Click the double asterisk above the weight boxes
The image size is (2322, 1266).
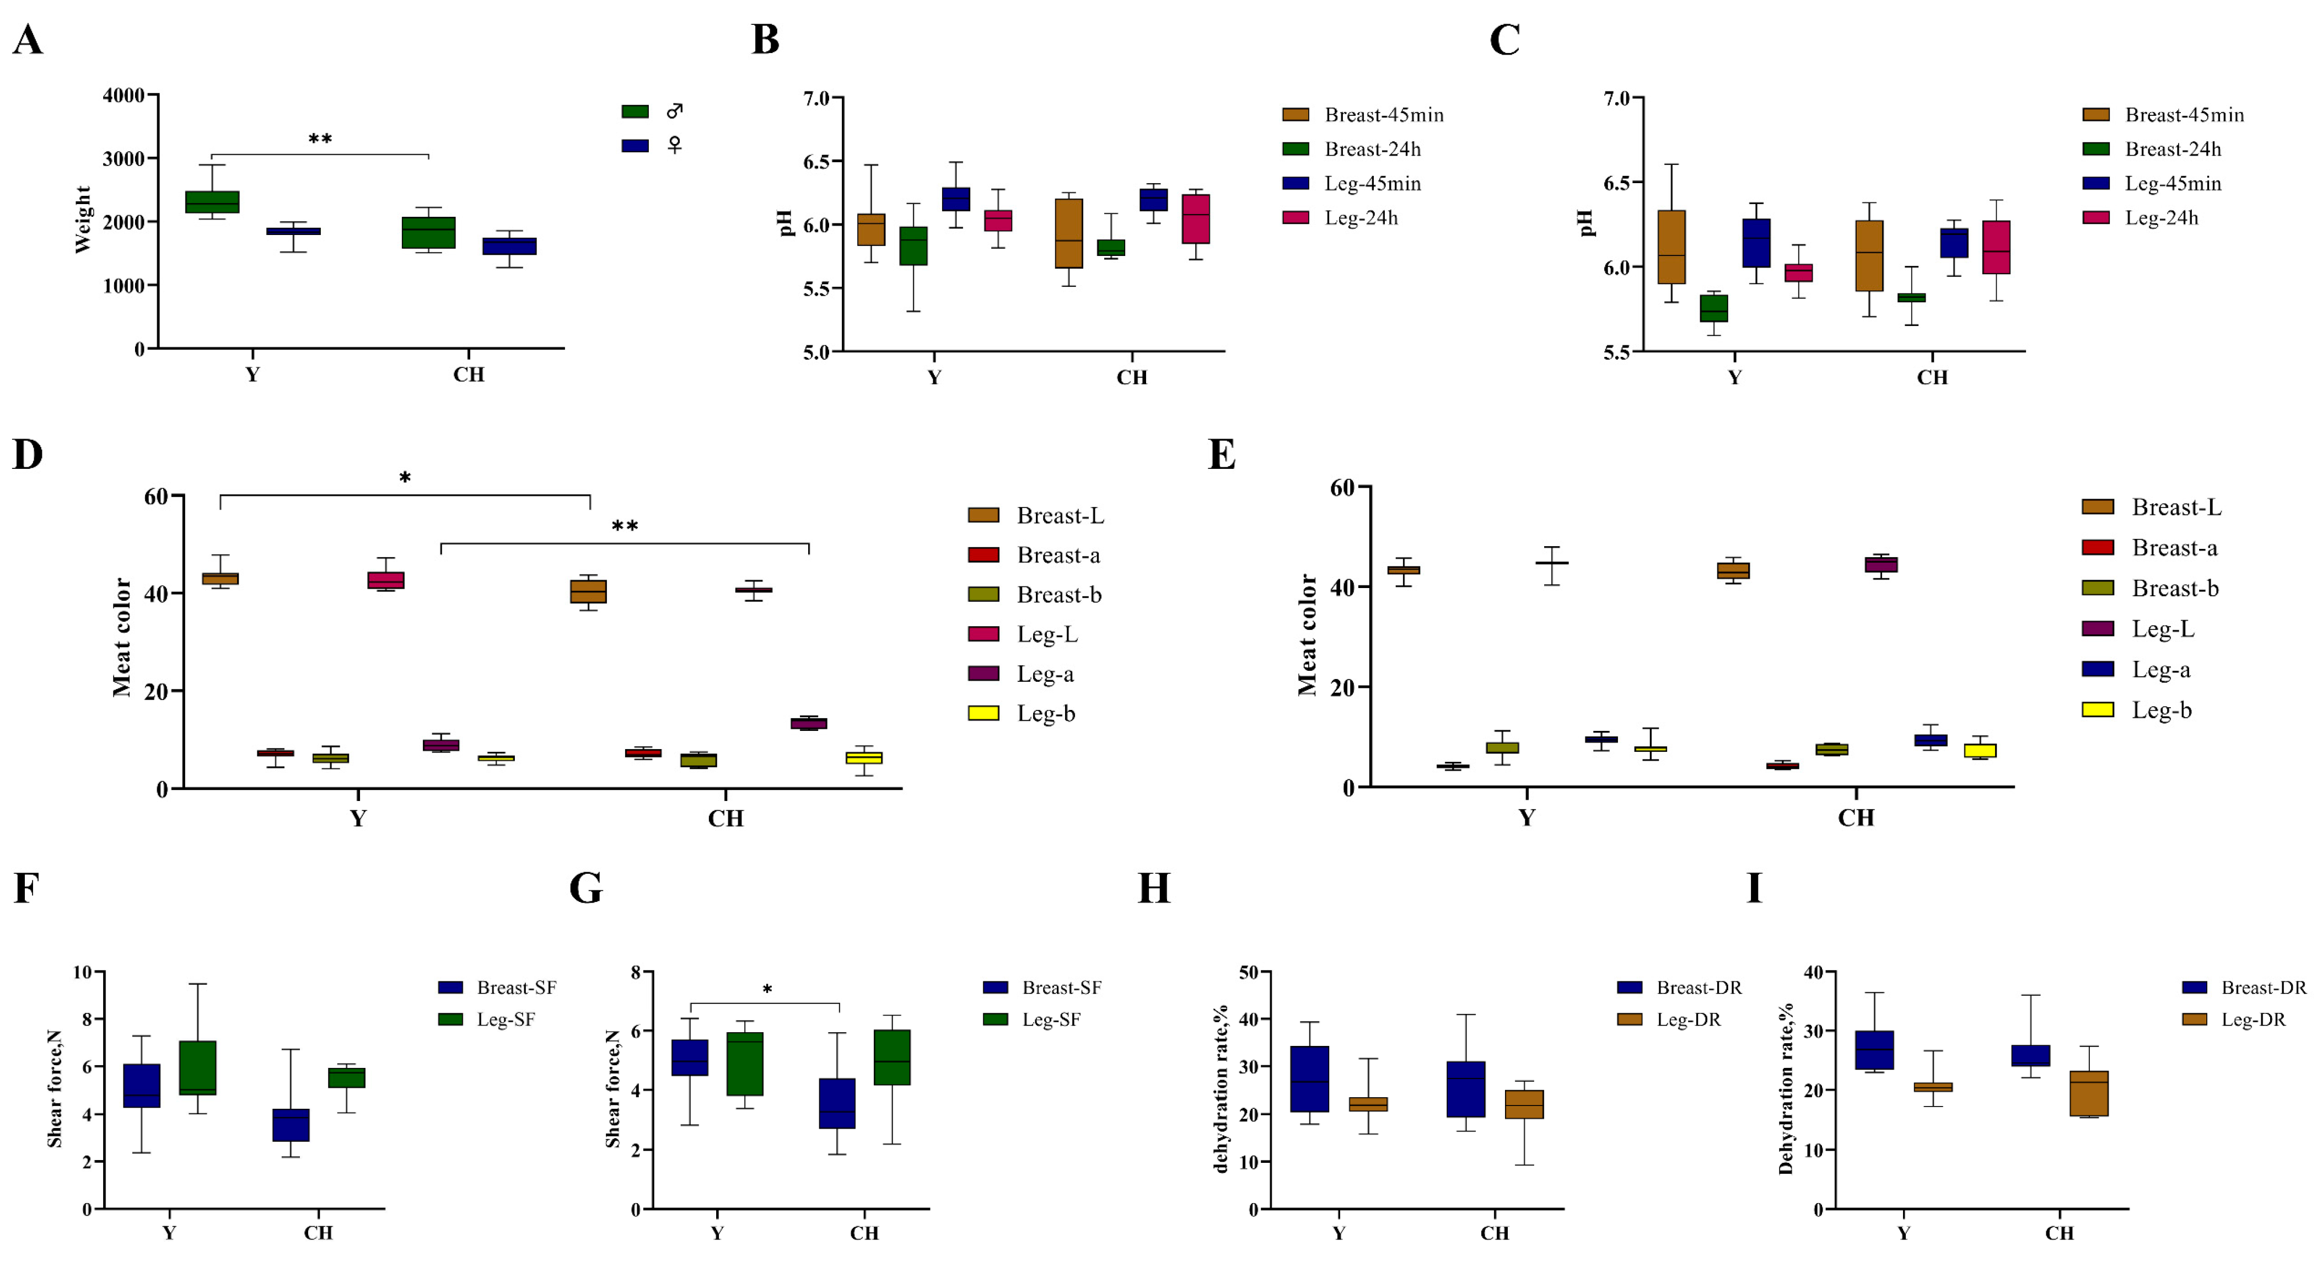[320, 140]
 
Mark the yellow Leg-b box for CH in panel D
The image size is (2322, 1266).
[863, 757]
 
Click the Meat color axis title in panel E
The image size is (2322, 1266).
[1307, 635]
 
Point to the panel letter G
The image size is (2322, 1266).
[586, 888]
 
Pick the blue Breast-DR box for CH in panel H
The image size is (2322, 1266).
[1466, 1089]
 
